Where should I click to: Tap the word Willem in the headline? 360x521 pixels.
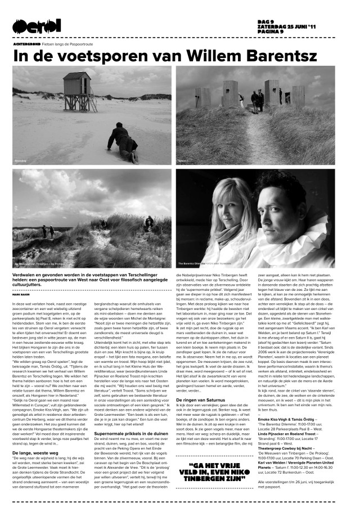(x=197, y=56)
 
